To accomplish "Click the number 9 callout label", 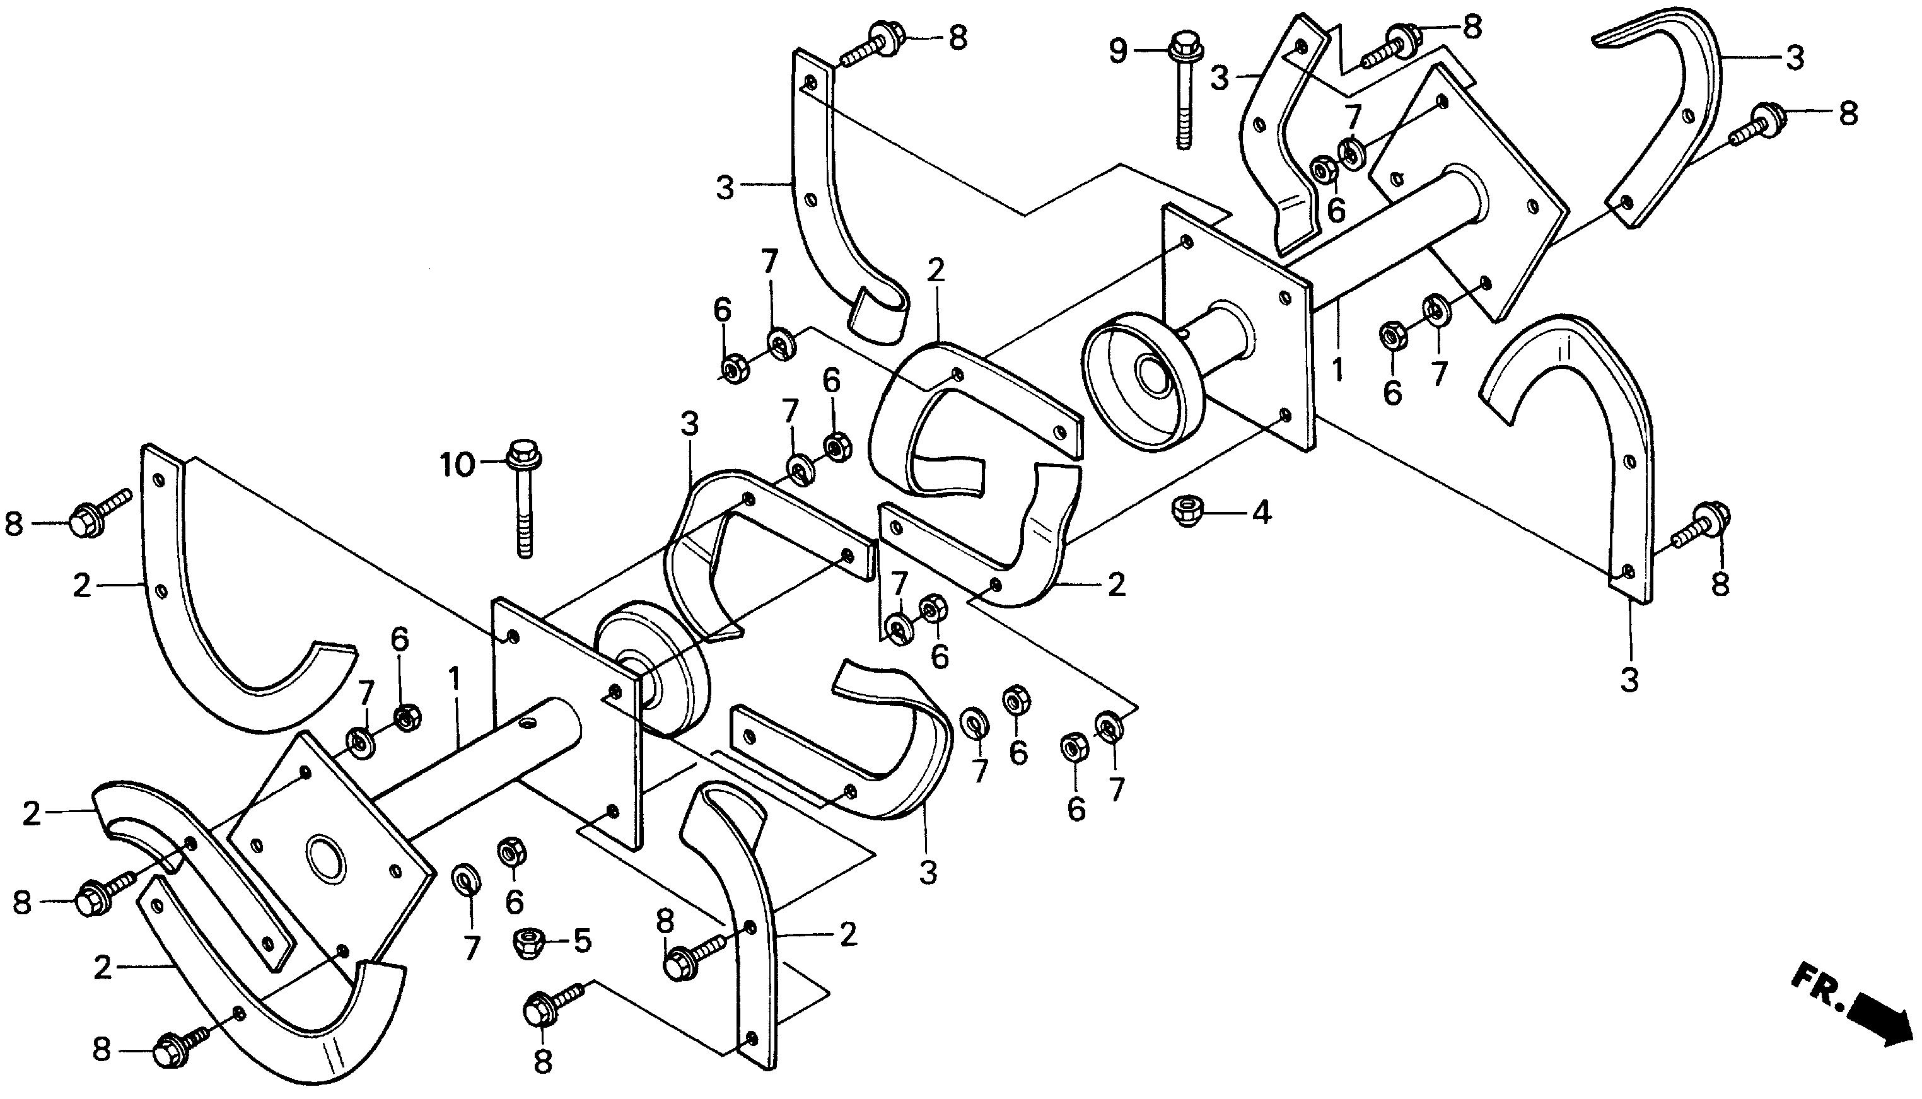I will pyautogui.click(x=1117, y=51).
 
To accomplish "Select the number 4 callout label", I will pyautogui.click(x=1261, y=514).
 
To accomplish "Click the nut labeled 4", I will pyautogui.click(x=1186, y=512).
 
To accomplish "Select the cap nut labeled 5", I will pyautogui.click(x=526, y=941).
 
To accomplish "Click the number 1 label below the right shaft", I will pyautogui.click(x=1337, y=370).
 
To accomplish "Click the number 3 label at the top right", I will pyautogui.click(x=1795, y=57).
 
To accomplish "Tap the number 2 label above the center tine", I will pyautogui.click(x=935, y=270).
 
